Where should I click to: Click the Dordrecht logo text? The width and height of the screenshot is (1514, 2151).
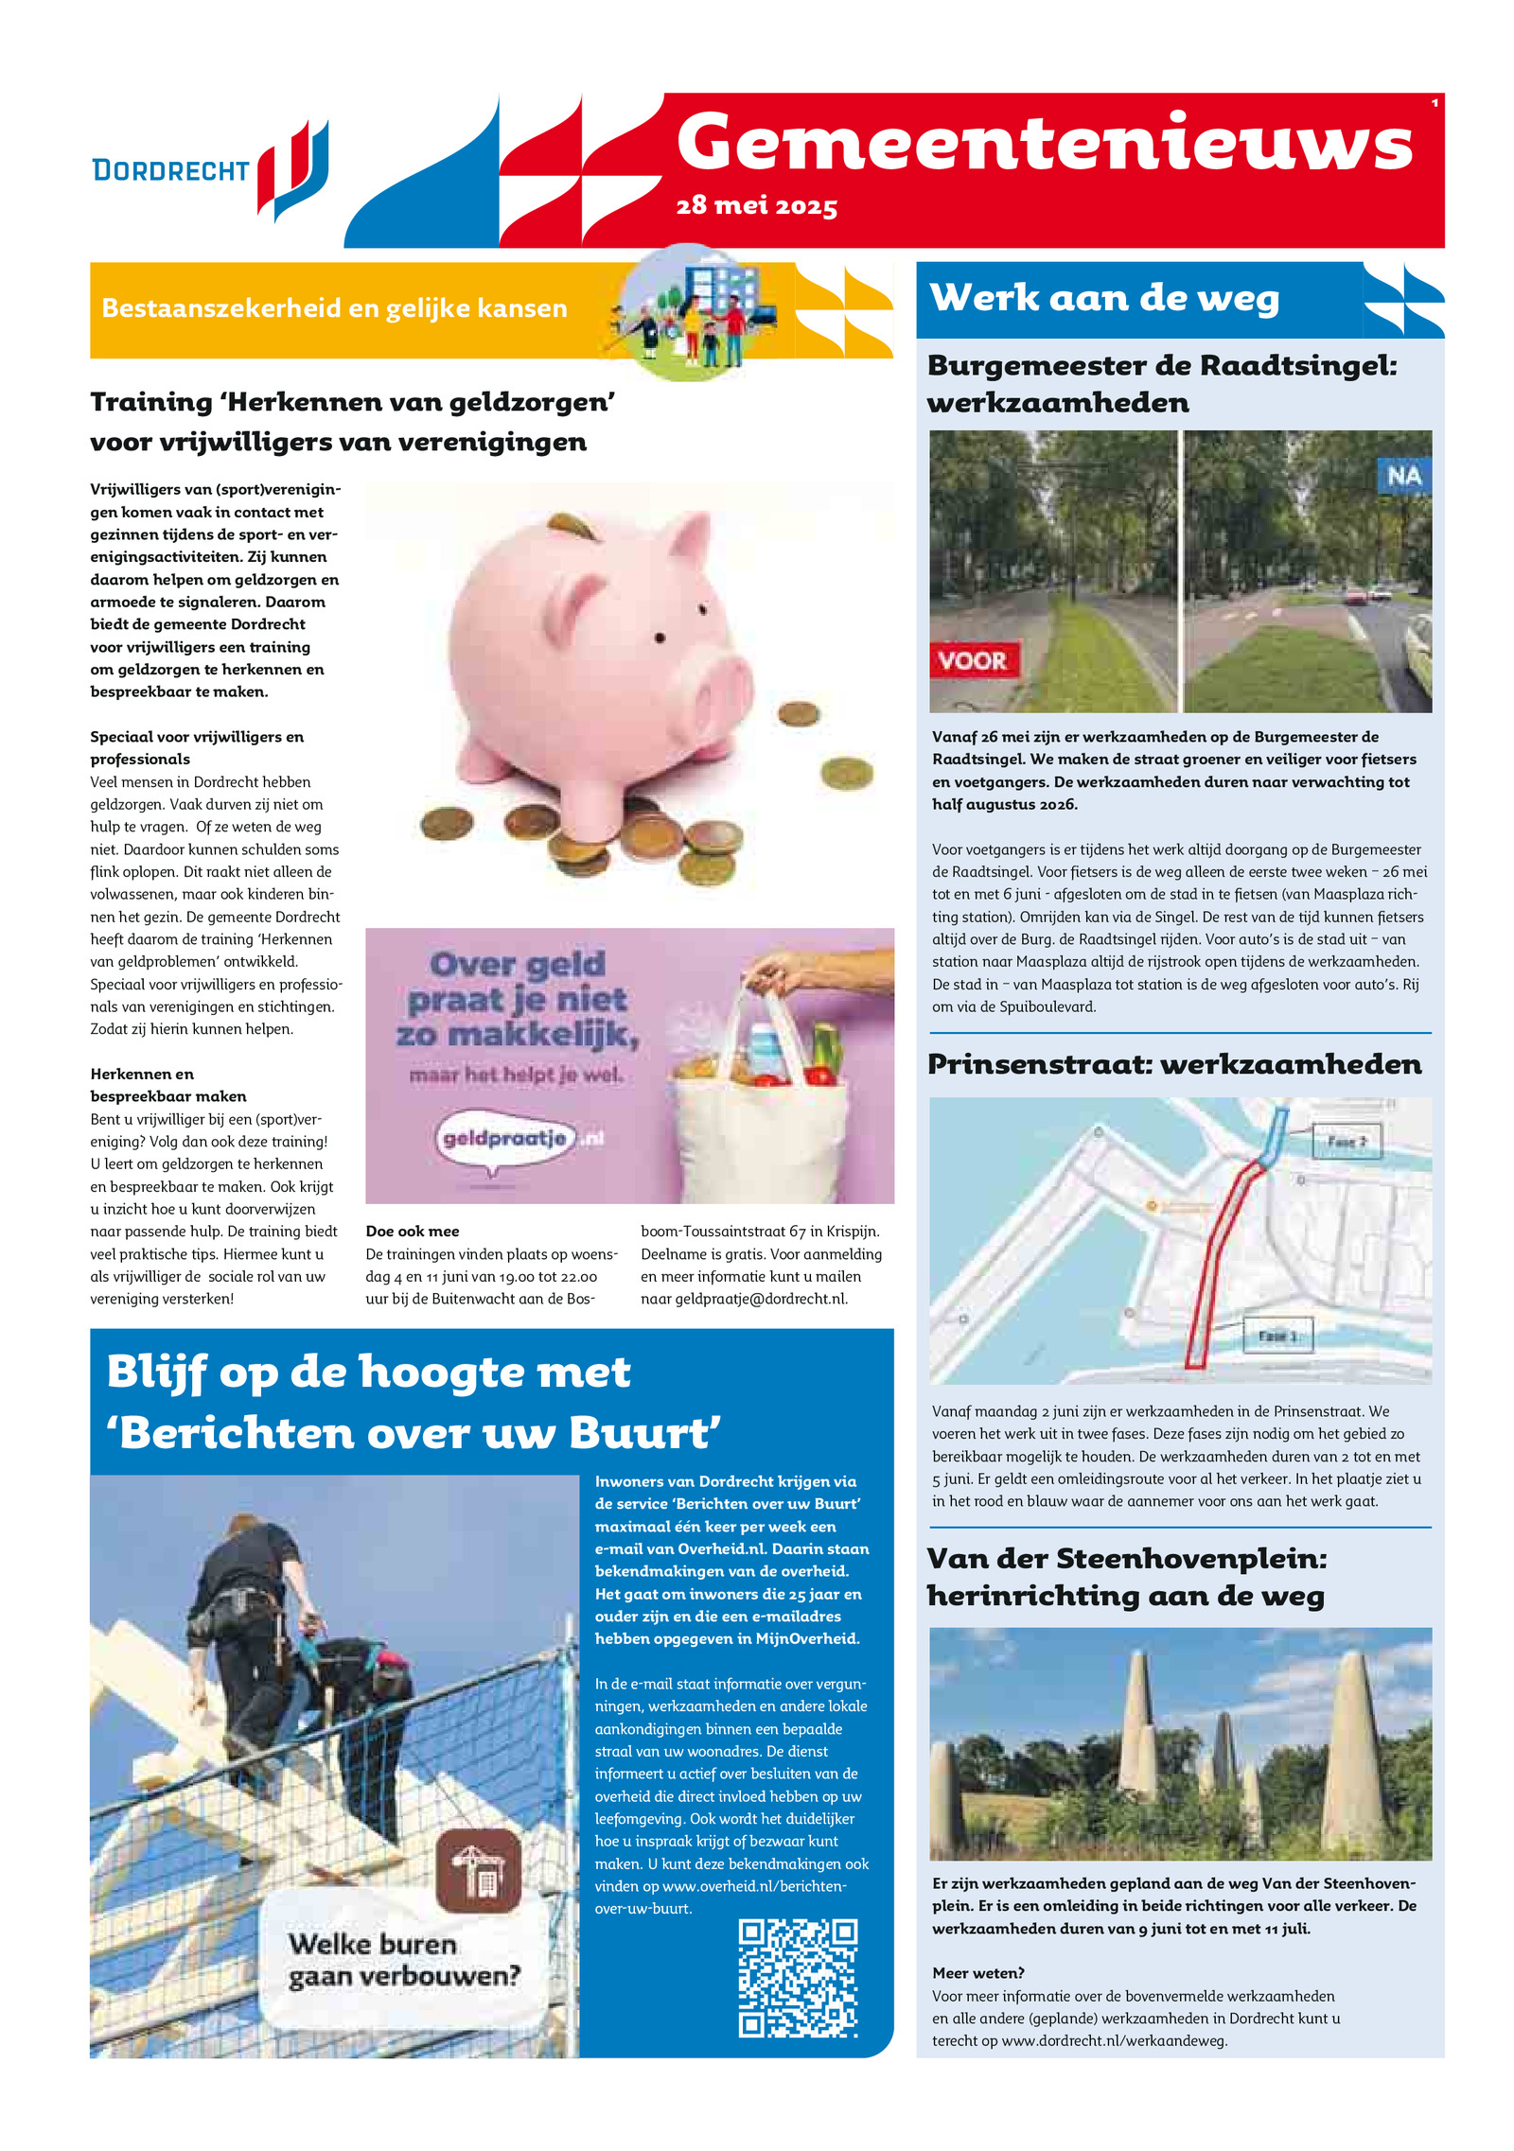click(170, 170)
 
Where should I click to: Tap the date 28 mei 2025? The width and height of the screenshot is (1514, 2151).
click(756, 206)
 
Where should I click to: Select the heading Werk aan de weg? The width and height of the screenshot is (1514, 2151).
click(1104, 298)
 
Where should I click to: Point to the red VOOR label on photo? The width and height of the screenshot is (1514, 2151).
click(973, 659)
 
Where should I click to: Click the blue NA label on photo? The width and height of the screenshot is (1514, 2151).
click(1403, 476)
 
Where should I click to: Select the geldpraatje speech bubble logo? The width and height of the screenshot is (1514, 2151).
click(505, 1139)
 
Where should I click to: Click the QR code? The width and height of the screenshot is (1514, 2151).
click(798, 1978)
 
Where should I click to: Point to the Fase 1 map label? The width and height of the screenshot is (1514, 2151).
click(1277, 1335)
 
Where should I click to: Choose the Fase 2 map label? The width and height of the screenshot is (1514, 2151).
click(1347, 1142)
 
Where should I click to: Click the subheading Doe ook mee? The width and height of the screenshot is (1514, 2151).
click(413, 1232)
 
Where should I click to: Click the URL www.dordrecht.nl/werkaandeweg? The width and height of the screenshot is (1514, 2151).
click(1114, 2041)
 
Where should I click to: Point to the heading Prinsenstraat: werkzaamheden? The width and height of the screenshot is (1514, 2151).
click(1174, 1064)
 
